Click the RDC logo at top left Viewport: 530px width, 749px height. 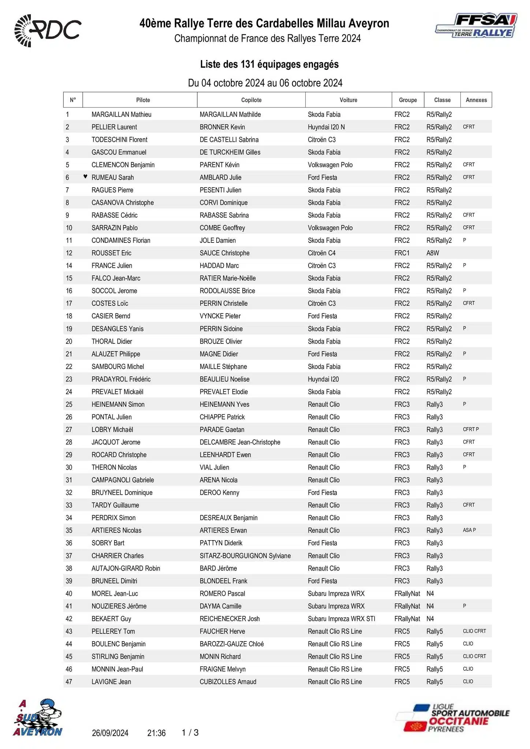pos(48,31)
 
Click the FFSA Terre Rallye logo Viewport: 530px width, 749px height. pos(476,26)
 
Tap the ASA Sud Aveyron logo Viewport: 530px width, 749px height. pos(38,718)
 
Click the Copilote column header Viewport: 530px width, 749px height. pos(251,100)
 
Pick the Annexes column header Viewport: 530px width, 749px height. pos(476,100)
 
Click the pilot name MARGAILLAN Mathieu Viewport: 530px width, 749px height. pos(121,114)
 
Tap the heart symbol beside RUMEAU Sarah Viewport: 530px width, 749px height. pos(85,177)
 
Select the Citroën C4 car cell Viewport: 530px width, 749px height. pos(321,253)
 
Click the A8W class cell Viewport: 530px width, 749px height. pos(432,253)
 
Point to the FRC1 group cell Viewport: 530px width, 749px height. pos(402,253)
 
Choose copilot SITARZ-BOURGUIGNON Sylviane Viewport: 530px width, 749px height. pos(245,556)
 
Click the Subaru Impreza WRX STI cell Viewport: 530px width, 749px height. pos(341,619)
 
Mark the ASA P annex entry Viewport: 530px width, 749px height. pos(469,530)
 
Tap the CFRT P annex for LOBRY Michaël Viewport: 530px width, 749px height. pos(470,429)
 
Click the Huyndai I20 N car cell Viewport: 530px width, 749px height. pos(326,127)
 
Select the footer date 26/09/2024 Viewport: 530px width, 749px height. pos(110,733)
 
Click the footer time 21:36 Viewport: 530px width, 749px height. pos(156,733)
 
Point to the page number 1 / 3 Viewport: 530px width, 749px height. pos(190,733)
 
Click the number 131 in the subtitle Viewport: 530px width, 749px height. pos(247,64)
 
